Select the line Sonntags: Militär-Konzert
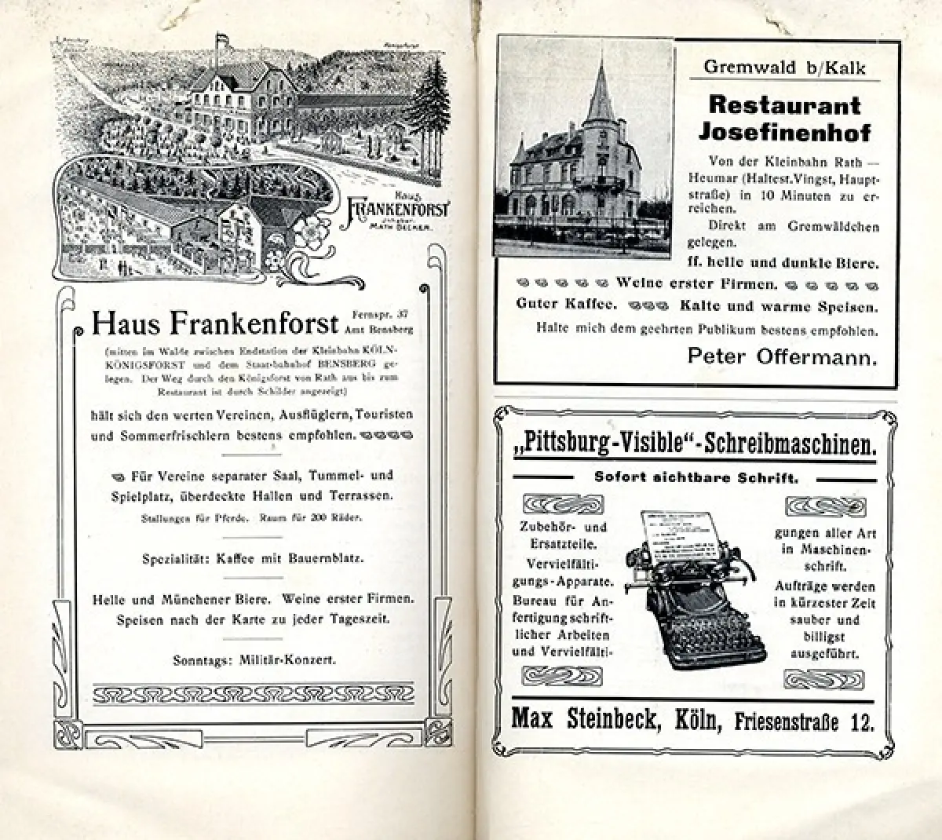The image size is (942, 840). [x=254, y=659]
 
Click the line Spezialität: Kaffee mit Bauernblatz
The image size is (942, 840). [x=254, y=560]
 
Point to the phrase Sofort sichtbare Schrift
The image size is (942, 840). [x=696, y=477]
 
